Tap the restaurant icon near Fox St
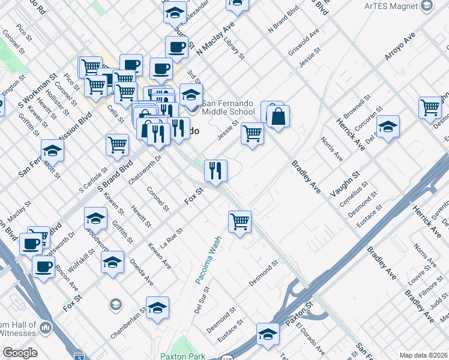point(215,170)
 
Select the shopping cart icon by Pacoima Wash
point(240,221)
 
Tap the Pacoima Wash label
point(207,259)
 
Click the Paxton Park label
point(182,356)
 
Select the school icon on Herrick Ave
point(388,127)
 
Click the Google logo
point(20,353)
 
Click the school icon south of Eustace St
point(268,334)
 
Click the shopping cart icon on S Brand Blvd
point(117,144)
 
